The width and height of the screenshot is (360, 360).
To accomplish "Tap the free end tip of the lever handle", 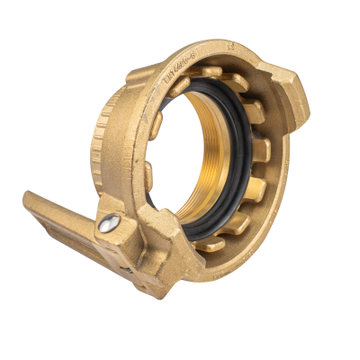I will (x=29, y=200).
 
